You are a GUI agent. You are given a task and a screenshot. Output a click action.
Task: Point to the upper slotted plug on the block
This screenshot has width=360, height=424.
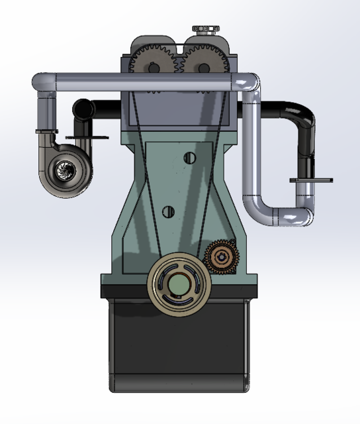click(190, 158)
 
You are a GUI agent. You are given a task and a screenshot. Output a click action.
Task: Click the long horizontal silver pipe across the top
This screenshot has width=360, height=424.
click(146, 82)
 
